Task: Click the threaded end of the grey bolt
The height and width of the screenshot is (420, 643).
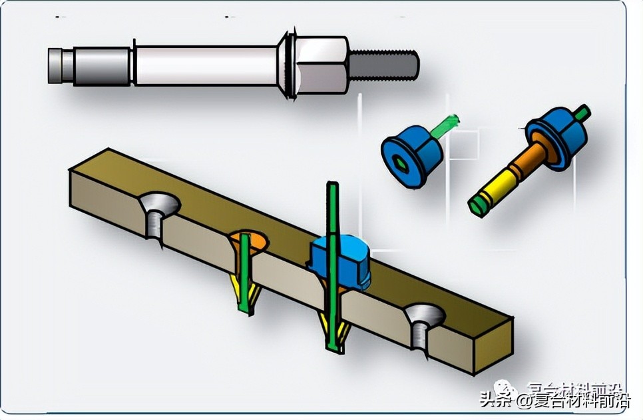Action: pyautogui.click(x=385, y=65)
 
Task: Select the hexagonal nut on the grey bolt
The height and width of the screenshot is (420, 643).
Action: pyautogui.click(x=322, y=65)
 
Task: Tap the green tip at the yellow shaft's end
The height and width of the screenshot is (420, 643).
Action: pyautogui.click(x=475, y=206)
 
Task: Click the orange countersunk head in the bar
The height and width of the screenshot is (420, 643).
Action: pyautogui.click(x=249, y=241)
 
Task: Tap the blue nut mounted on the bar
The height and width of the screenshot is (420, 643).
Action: pyautogui.click(x=340, y=261)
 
